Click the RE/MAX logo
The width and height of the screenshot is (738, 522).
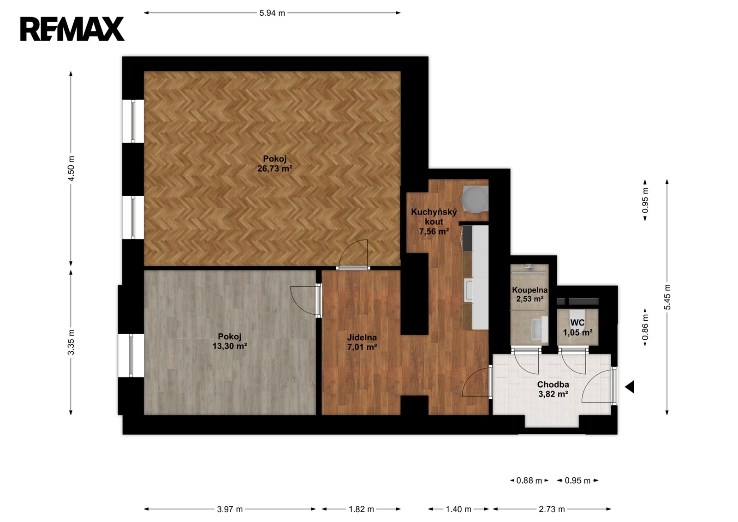pos(72,29)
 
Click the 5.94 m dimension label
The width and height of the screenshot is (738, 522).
pos(272,13)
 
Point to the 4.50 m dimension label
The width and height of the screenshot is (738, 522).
pos(71,168)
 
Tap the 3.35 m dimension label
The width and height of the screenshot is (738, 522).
pos(71,342)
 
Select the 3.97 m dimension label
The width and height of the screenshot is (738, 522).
pos(230,509)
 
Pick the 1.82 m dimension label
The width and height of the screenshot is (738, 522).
pos(362,509)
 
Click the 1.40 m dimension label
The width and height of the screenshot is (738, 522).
pos(458,509)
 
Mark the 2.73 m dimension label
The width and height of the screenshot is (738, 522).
pos(552,509)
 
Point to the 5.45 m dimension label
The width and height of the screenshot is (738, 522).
pos(667,297)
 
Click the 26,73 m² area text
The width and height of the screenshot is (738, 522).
pos(275,168)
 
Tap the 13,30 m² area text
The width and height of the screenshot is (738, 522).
pos(230,346)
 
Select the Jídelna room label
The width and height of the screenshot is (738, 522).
pos(362,337)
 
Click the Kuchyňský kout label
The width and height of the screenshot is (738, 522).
pos(434,216)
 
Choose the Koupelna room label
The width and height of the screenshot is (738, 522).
pos(530,290)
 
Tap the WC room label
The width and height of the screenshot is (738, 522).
pos(577,323)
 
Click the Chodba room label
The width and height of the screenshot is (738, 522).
pos(553,384)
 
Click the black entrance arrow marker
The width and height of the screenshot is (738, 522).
pos(630,387)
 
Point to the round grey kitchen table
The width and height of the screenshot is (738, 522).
pos(475,198)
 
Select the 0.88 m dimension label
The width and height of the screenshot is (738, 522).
pos(529,480)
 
